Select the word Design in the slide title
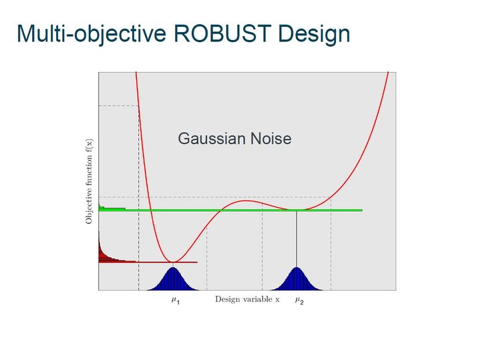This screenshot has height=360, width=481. click(x=314, y=34)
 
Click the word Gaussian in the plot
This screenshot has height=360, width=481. click(x=211, y=139)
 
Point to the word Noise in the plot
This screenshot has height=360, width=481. click(x=271, y=139)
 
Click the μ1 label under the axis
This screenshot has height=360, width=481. click(x=176, y=300)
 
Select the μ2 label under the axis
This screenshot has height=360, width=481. click(x=299, y=300)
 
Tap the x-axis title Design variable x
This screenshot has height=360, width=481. click(x=247, y=299)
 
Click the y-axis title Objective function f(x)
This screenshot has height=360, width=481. click(x=89, y=182)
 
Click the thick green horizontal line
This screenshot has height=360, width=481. click(x=230, y=210)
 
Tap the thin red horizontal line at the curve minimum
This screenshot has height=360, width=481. click(x=148, y=262)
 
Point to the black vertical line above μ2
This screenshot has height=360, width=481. click(x=297, y=239)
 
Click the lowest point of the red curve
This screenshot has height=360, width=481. click(x=172, y=262)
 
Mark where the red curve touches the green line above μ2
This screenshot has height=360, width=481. click(x=297, y=210)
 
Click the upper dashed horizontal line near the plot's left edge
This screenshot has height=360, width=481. click(x=119, y=106)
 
